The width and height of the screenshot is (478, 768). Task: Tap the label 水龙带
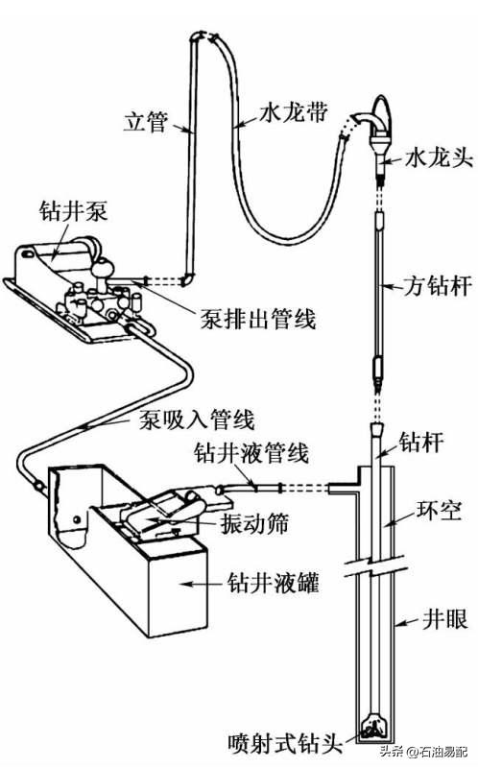295,112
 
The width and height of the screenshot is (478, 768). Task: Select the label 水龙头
437,154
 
